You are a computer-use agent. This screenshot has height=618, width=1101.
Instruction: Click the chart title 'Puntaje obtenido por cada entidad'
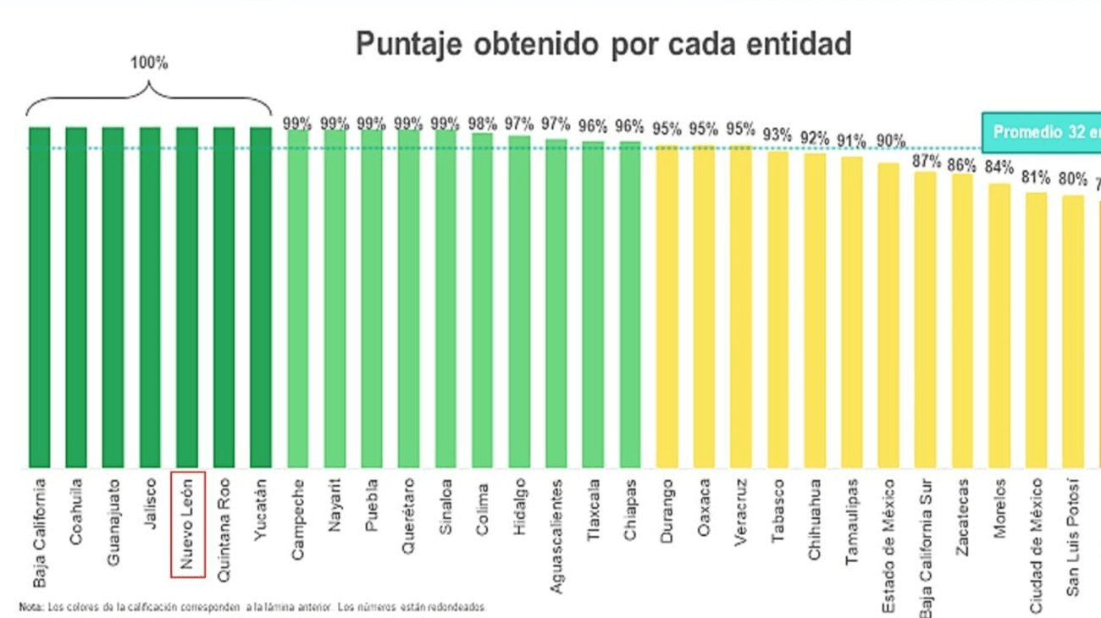(603, 44)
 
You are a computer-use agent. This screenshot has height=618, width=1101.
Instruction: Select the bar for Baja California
(40, 296)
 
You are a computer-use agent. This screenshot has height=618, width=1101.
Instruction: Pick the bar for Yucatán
(261, 296)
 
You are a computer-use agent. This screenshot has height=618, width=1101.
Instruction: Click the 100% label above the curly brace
(149, 64)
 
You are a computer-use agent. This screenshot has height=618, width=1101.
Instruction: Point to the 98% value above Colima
(482, 124)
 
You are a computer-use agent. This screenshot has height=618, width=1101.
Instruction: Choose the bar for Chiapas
(629, 305)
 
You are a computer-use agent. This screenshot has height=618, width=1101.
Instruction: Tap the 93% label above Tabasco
(777, 134)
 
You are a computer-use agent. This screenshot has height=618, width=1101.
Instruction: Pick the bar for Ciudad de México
(1036, 330)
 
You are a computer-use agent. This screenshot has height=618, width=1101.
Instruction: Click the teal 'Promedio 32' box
(1042, 132)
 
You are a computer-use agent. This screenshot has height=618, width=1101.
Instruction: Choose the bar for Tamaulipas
(851, 312)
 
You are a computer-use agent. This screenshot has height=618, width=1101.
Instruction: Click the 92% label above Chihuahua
(814, 137)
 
